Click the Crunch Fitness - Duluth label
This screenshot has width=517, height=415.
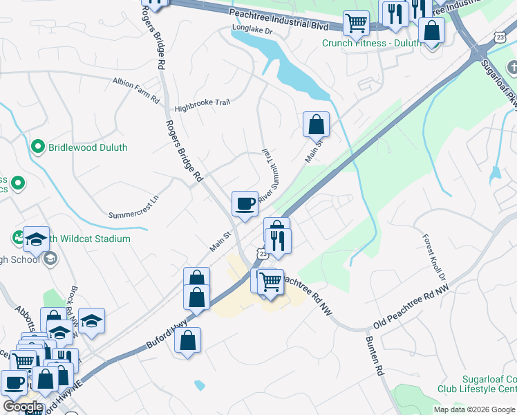(371, 43)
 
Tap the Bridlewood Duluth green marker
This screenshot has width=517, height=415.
(38, 147)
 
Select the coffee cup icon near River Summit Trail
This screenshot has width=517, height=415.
(245, 204)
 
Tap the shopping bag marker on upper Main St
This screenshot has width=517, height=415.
(316, 124)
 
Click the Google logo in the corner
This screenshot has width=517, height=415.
(23, 407)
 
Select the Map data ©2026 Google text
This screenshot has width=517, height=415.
(474, 409)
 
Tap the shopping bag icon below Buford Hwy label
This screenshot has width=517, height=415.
(187, 340)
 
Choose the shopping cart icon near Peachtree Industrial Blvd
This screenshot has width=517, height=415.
(356, 22)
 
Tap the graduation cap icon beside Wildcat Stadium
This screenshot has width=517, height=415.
(37, 239)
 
